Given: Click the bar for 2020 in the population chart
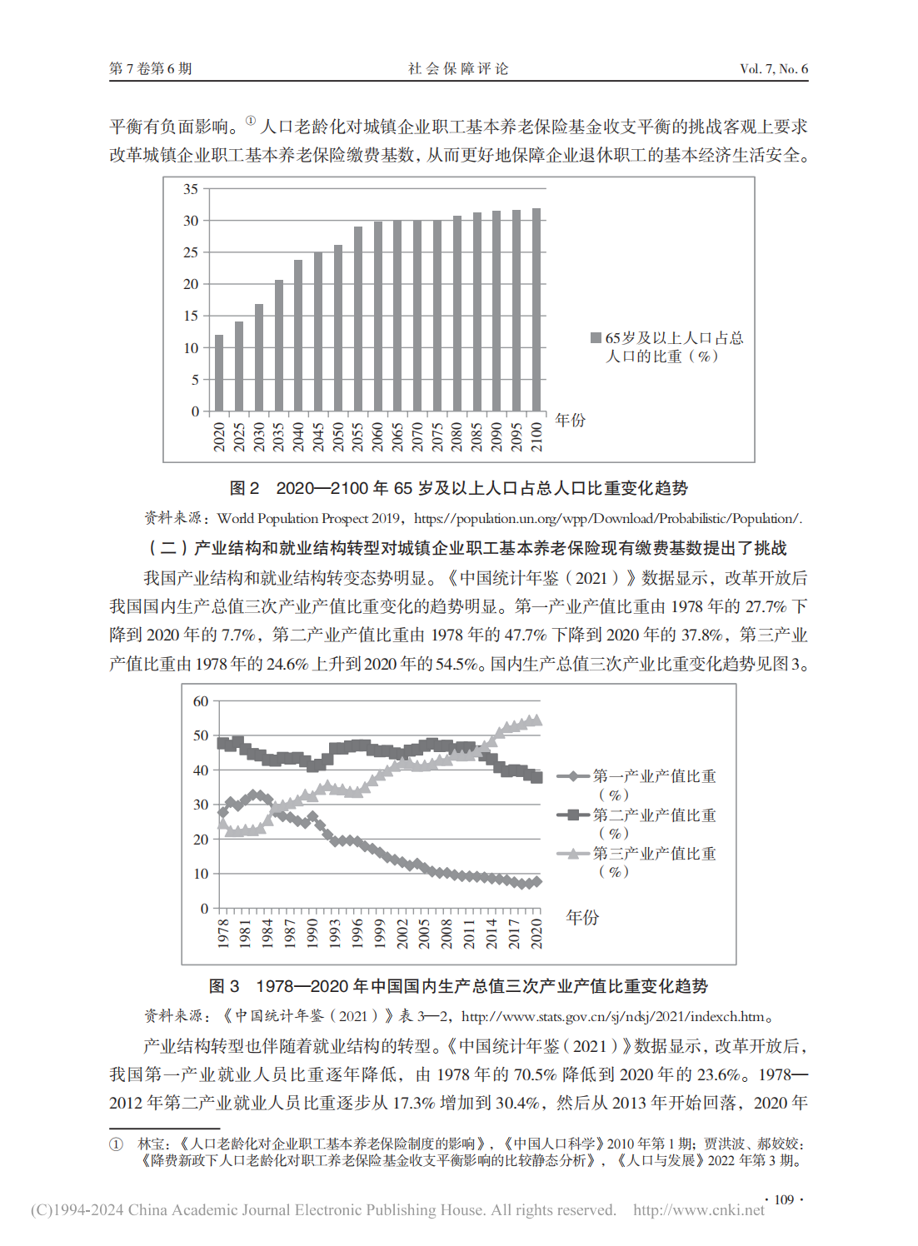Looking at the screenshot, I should pos(219,373).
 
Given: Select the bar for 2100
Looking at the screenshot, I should pos(536,310).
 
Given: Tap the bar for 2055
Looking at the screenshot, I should pos(358,319).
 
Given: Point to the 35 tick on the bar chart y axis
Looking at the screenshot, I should pos(192,189).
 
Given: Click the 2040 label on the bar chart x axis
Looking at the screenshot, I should pos(298,436).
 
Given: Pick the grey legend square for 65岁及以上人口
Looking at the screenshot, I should pos(596,337).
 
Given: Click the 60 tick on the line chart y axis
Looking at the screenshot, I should pos(201,701).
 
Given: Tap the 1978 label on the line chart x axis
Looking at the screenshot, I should pos(223,933).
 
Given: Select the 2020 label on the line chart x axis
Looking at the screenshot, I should pos(536,933).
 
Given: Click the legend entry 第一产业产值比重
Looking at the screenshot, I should pos(654,776).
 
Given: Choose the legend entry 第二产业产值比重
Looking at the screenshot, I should pos(654,815).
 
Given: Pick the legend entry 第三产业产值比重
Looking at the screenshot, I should pos(654,854).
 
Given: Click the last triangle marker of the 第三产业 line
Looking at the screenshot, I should pos(536,720).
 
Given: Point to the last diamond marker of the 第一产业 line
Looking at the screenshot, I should pos(536,881).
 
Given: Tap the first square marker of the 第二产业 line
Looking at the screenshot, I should pos(222,743).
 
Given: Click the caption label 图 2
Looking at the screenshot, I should pos(244,488).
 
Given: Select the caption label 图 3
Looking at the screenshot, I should pos(224,986).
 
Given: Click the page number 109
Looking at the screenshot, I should pos(784,1199).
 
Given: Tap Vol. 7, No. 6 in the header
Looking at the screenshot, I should pos(774,69).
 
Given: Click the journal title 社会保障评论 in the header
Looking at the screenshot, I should pos(458,69).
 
